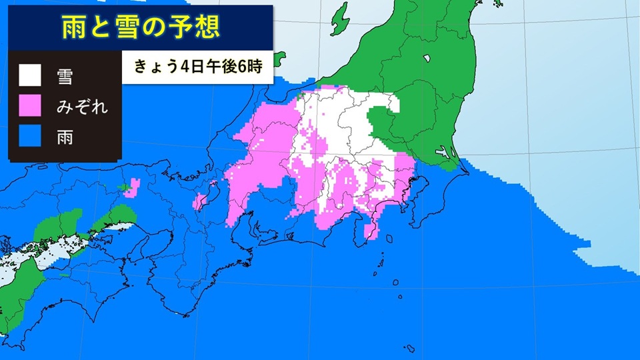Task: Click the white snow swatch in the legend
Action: (30, 77)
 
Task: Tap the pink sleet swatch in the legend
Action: (30, 107)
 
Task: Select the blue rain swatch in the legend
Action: (30, 138)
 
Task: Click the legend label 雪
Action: (65, 77)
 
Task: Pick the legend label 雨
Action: (65, 138)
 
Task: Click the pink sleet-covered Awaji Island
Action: (201, 199)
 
